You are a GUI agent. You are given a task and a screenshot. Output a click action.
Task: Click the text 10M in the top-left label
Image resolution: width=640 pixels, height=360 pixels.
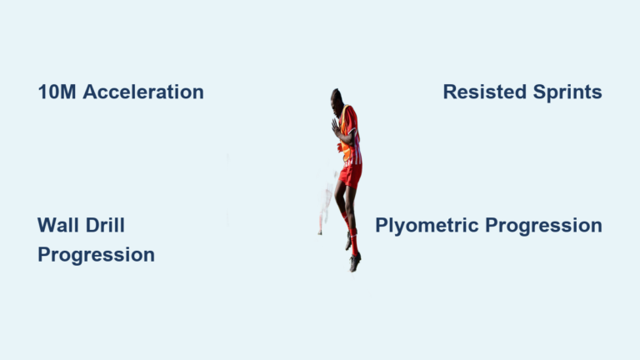click(x=57, y=92)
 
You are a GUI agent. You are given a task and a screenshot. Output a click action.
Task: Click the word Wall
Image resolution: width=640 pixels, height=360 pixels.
click(x=56, y=225)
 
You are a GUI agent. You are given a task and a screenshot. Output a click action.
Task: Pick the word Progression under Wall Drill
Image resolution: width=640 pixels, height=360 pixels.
click(x=96, y=255)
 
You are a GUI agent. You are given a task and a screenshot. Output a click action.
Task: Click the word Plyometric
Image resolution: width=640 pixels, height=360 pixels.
click(x=427, y=226)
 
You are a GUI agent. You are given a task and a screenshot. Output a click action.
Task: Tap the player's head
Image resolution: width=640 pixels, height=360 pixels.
click(x=337, y=97)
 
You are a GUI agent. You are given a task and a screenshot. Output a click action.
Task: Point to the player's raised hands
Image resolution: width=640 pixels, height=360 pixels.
click(x=336, y=127)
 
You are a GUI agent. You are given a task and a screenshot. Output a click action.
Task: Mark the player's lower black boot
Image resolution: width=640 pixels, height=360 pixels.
click(x=356, y=262)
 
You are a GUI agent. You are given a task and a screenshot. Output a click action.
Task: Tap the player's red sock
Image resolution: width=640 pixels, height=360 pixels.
click(x=354, y=241)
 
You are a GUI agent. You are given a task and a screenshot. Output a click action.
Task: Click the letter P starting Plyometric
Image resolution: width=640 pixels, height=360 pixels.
click(x=381, y=226)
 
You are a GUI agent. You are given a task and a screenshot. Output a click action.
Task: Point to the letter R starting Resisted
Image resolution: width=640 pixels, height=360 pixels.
click(x=449, y=92)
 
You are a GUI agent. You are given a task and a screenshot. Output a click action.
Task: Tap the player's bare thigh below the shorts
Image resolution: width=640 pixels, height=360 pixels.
click(x=342, y=196)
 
